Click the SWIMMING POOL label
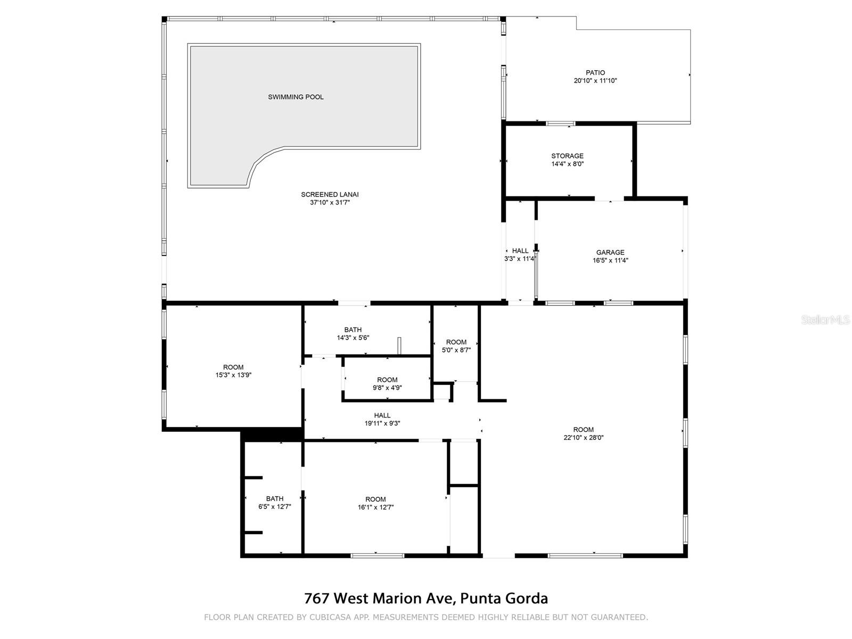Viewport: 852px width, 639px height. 296,97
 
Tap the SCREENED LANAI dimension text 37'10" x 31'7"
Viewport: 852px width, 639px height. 333,202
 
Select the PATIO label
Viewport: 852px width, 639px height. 595,72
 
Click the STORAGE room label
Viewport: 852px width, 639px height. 567,156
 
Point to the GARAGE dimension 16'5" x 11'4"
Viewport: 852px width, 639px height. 610,260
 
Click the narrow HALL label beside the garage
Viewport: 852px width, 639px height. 520,251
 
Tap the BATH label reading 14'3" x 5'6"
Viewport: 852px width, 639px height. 353,330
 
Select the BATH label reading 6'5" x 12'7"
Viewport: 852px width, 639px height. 275,499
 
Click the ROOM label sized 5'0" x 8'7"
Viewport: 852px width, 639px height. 456,342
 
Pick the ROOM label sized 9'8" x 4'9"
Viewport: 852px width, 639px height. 387,380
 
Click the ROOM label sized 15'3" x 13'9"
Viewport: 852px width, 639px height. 233,367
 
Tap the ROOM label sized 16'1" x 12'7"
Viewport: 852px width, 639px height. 375,499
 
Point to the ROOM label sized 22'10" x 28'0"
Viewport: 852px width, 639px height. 583,430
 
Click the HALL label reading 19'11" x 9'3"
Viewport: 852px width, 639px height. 382,415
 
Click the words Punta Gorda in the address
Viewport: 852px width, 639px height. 504,598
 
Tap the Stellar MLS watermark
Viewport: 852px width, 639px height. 825,319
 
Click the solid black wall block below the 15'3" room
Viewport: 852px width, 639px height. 272,434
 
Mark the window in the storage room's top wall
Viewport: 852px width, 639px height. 561,124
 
